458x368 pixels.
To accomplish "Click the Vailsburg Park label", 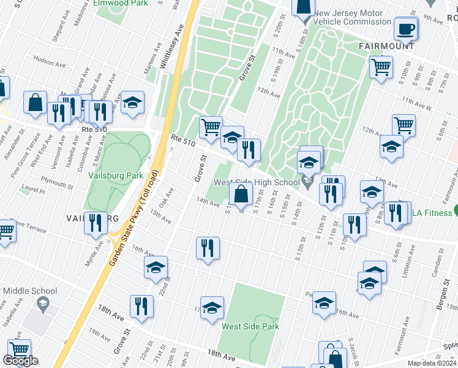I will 116,175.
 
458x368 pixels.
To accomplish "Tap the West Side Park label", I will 250,326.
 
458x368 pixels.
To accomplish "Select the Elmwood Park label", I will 121,3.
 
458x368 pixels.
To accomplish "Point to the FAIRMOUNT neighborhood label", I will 386,46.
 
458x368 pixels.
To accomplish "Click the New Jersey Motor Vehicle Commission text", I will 352,17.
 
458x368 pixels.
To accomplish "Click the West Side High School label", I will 257,182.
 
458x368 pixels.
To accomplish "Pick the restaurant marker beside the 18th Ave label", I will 141,305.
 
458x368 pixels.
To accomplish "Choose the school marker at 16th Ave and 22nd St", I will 156,266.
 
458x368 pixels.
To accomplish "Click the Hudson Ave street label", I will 50,61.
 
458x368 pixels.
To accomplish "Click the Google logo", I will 20,361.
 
